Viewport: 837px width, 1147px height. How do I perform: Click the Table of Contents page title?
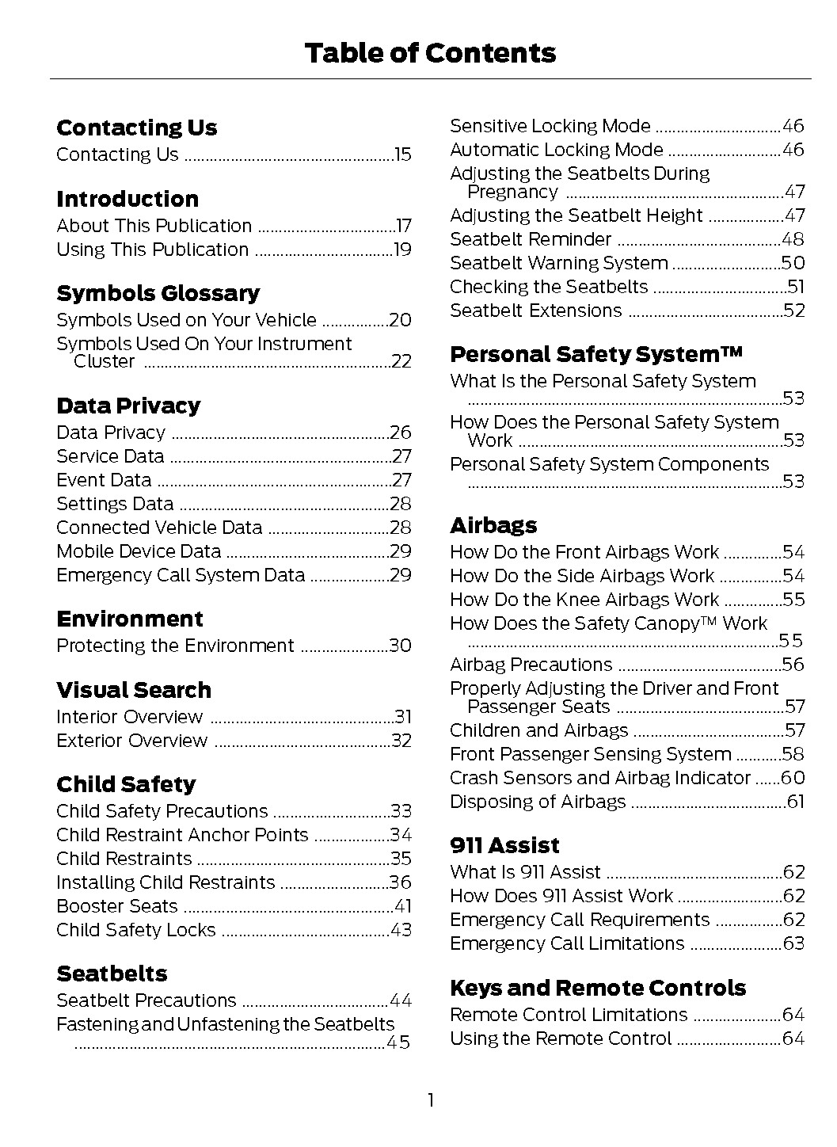click(430, 53)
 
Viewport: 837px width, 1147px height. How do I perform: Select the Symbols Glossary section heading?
click(158, 293)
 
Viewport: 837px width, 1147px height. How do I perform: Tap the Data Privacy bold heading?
click(128, 406)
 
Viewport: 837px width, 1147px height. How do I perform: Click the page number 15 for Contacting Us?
click(403, 154)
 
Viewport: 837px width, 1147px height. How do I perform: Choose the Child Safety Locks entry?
click(135, 930)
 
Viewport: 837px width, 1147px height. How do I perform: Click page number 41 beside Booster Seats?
click(403, 906)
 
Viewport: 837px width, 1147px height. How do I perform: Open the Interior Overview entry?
click(129, 717)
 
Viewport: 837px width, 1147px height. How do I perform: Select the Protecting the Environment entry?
click(175, 646)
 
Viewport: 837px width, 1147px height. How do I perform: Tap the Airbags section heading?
click(493, 525)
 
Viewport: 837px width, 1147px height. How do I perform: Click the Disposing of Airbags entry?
click(538, 802)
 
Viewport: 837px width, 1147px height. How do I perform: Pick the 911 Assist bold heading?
click(504, 845)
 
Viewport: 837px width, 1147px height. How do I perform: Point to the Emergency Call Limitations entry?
click(567, 943)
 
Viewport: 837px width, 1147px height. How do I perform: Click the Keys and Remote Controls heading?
click(598, 988)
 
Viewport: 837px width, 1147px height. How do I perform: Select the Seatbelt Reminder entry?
click(531, 239)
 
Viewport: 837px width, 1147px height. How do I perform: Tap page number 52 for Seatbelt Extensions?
click(794, 311)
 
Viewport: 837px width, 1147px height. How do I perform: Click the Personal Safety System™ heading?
click(596, 354)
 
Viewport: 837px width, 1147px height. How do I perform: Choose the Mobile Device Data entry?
click(139, 551)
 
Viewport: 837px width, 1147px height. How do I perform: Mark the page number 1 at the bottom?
click(430, 1100)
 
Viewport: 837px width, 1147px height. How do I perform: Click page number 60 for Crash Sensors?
click(793, 778)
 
